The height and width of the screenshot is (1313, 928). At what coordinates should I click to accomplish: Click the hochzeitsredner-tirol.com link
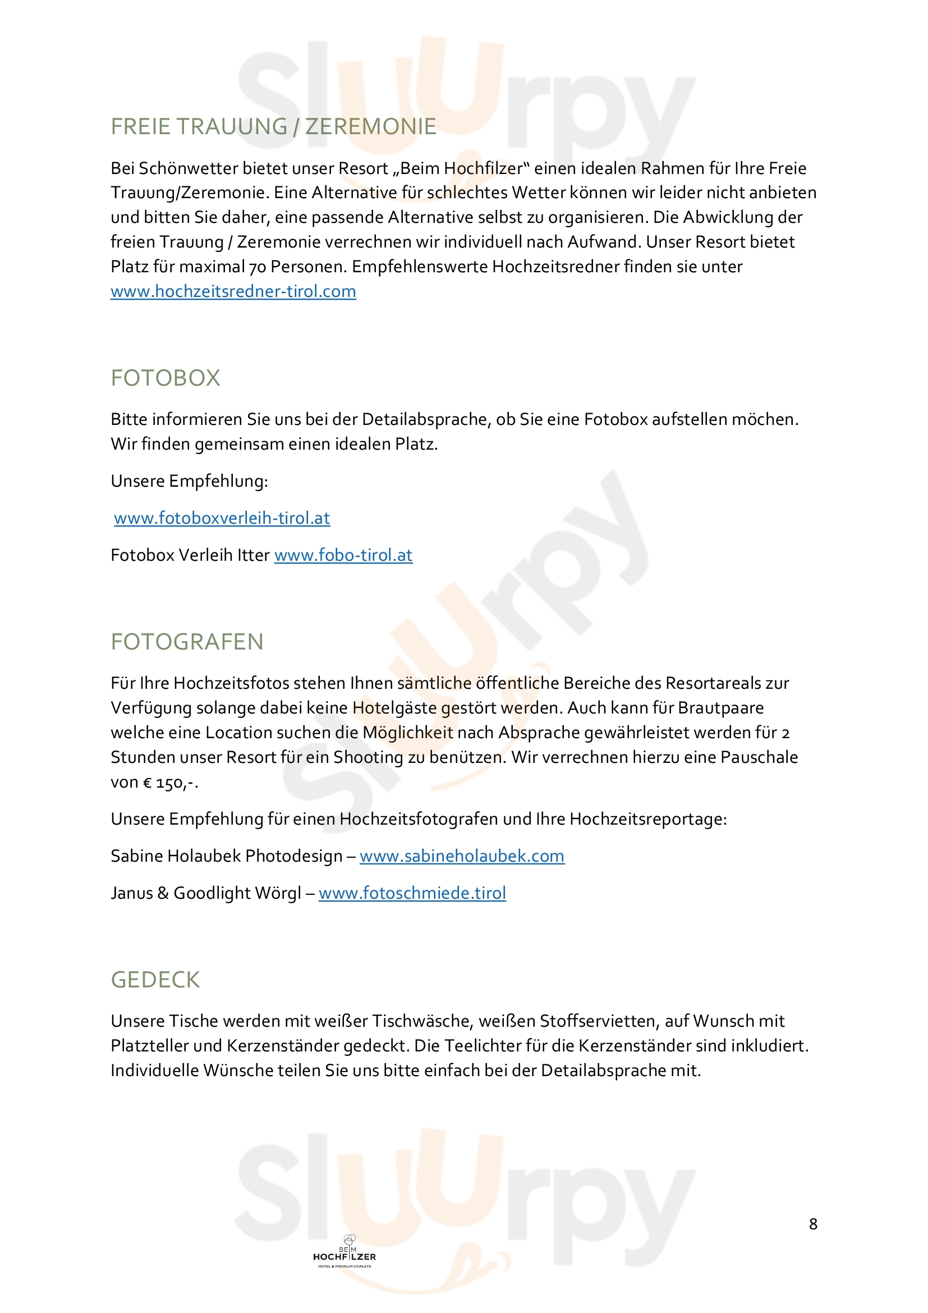pyautogui.click(x=233, y=292)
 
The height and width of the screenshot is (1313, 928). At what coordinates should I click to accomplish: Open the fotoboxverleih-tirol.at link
pyautogui.click(x=222, y=518)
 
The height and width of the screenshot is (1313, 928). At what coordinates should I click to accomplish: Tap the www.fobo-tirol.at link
pyautogui.click(x=343, y=555)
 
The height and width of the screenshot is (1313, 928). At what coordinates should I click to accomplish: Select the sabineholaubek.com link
pyautogui.click(x=462, y=856)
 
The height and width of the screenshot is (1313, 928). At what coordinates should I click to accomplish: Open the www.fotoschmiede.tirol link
pyautogui.click(x=412, y=893)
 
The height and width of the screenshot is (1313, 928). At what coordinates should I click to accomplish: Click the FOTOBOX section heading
pyautogui.click(x=165, y=378)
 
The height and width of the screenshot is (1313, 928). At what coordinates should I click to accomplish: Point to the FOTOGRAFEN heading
pyautogui.click(x=187, y=642)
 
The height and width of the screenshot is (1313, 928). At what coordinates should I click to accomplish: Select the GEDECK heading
pyautogui.click(x=155, y=980)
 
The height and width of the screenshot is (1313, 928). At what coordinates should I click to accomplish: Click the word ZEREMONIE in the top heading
pyautogui.click(x=370, y=126)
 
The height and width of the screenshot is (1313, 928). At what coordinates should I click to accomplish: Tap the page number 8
pyautogui.click(x=813, y=1224)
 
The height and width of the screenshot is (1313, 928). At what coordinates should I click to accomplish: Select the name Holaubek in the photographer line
pyautogui.click(x=204, y=856)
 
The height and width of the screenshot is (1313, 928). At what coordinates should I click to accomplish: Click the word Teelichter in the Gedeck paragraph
pyautogui.click(x=481, y=1046)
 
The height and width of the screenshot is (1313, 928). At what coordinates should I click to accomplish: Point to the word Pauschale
pyautogui.click(x=759, y=758)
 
